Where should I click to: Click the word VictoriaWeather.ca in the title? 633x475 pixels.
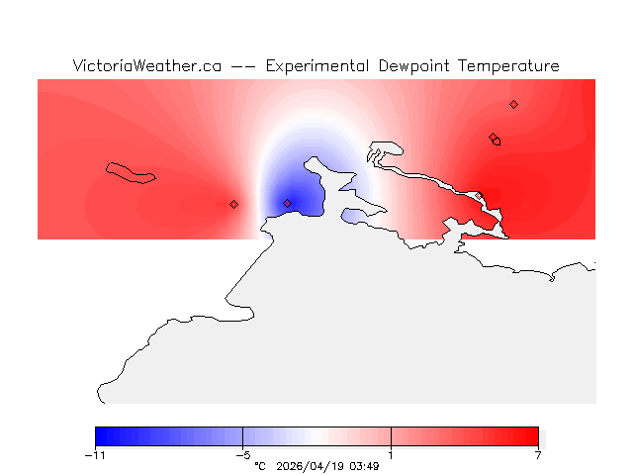point(146,66)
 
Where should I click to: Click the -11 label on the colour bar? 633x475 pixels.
point(95,455)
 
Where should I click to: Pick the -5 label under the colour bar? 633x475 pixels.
point(242,455)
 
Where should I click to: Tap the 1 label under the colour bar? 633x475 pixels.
point(391,455)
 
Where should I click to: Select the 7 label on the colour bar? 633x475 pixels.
point(538,455)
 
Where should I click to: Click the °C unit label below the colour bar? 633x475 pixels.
point(260,465)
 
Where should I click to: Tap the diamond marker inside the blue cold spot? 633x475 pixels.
point(287,203)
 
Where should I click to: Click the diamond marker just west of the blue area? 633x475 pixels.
point(233,204)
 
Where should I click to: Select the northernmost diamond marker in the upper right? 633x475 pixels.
point(513,104)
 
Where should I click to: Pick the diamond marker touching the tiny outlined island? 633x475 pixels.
point(493,138)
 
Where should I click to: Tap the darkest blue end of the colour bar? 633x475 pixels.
point(100,436)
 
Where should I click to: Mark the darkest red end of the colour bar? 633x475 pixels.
point(534,436)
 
